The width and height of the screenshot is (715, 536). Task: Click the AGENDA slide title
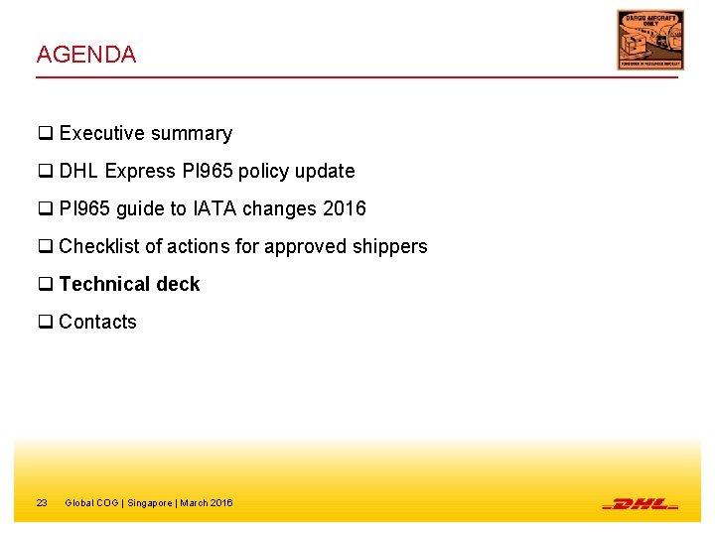(x=86, y=55)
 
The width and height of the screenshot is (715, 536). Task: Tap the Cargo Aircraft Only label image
(x=649, y=40)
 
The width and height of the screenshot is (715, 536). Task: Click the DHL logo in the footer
(x=640, y=503)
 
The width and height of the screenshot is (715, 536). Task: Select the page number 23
(x=42, y=503)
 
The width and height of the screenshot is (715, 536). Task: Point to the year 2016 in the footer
(x=220, y=503)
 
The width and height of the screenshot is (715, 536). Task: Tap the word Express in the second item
(x=139, y=171)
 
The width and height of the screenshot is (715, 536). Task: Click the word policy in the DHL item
(x=261, y=171)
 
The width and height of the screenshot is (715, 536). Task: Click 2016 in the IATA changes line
(x=345, y=208)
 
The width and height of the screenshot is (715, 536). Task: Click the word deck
(x=178, y=284)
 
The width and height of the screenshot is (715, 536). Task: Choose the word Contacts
(x=97, y=322)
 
